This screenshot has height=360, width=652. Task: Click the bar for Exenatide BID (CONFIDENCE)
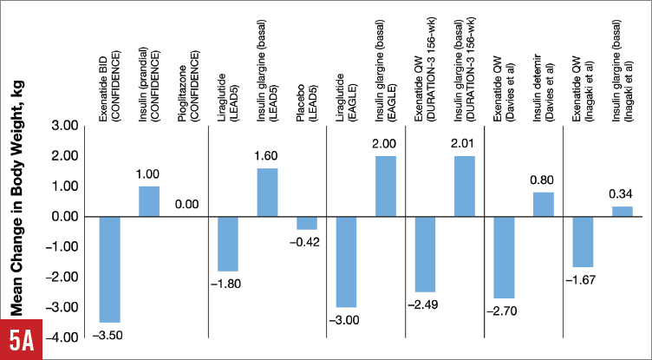click(109, 269)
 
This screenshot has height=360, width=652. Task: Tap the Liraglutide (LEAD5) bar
click(227, 244)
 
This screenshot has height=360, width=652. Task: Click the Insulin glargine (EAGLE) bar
click(385, 187)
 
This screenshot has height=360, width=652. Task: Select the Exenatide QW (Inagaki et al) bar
click(583, 241)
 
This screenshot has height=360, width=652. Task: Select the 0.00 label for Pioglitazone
click(187, 206)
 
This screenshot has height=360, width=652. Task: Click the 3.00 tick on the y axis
click(65, 127)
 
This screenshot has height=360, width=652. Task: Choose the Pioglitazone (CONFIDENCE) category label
click(187, 78)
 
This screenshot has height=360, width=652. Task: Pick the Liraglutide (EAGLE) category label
click(346, 85)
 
